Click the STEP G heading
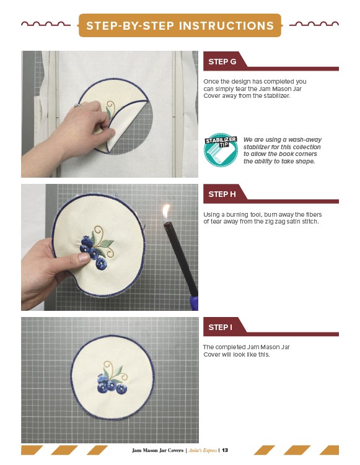[x=222, y=62]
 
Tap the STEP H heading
[x=222, y=194]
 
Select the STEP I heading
[x=220, y=328]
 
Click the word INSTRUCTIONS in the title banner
[x=226, y=26]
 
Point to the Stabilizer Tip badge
[x=221, y=150]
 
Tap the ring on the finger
[x=78, y=105]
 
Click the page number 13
[x=225, y=450]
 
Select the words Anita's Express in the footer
[x=203, y=450]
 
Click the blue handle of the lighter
[x=194, y=303]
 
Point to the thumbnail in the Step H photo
[x=84, y=258]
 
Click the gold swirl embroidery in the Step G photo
[x=111, y=107]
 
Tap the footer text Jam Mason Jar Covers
[x=157, y=450]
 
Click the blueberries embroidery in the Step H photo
[x=94, y=253]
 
